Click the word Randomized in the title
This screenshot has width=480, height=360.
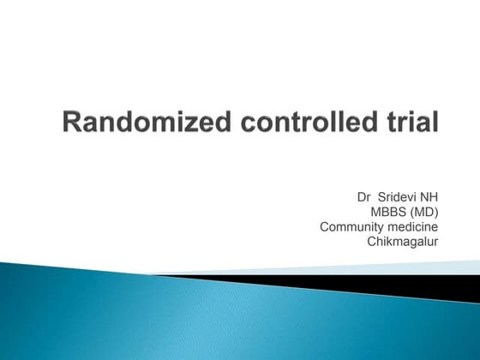point(137,124)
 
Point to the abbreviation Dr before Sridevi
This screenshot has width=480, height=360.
point(364,196)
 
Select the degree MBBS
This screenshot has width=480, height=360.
point(388,212)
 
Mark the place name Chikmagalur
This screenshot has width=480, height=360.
point(403,243)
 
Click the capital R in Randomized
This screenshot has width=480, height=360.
point(73,124)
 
